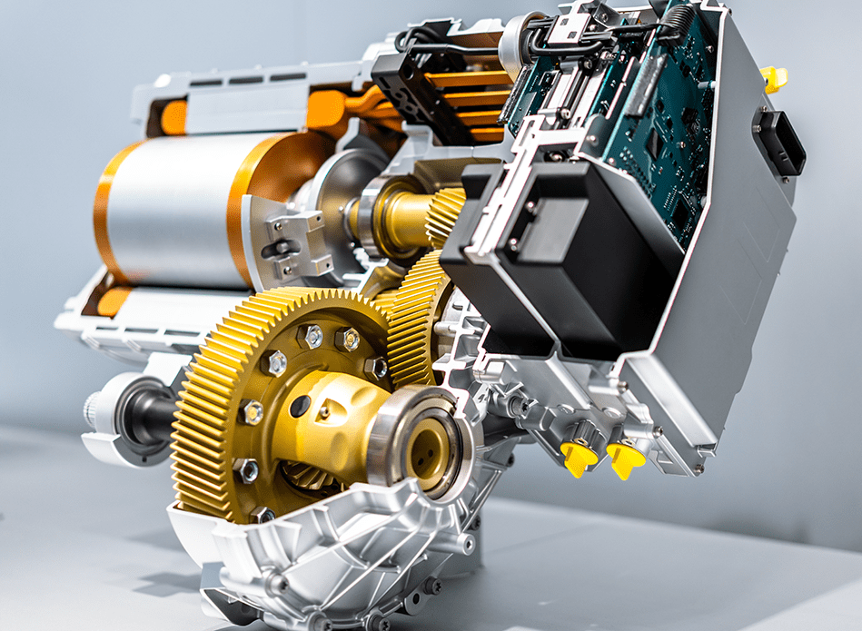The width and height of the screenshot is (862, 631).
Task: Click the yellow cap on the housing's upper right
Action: (773, 78)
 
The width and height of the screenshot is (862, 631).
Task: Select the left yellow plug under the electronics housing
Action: (579, 455)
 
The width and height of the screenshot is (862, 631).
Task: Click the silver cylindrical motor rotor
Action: (173, 209)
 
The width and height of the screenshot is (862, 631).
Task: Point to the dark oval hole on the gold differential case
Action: (301, 406)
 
